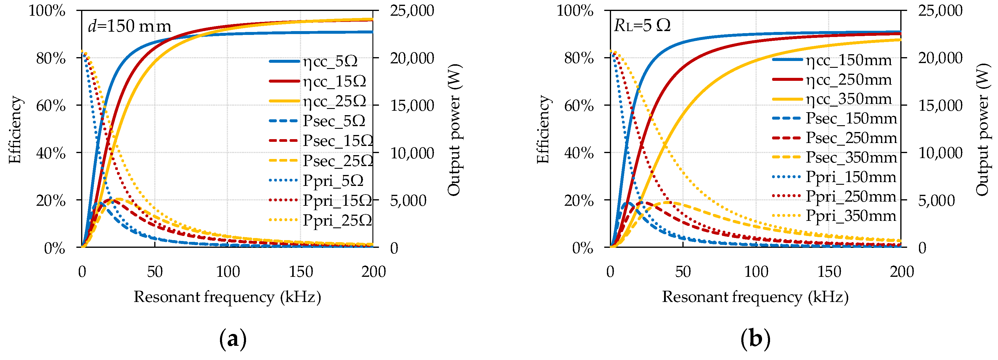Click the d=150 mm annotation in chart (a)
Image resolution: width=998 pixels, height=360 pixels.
[x=129, y=26]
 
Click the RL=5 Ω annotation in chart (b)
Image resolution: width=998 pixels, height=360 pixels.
[x=642, y=25]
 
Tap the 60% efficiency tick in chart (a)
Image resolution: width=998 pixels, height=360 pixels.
[x=51, y=105]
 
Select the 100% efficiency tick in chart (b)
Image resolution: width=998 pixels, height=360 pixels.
[x=575, y=10]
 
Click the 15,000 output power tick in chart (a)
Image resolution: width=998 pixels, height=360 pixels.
[x=412, y=105]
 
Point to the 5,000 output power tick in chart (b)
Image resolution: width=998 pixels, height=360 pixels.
[x=936, y=200]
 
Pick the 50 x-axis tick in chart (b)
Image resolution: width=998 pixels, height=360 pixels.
[x=683, y=272]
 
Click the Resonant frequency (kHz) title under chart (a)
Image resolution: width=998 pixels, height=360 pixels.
[x=227, y=297]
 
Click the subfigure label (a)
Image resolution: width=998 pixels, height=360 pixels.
[x=233, y=339]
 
